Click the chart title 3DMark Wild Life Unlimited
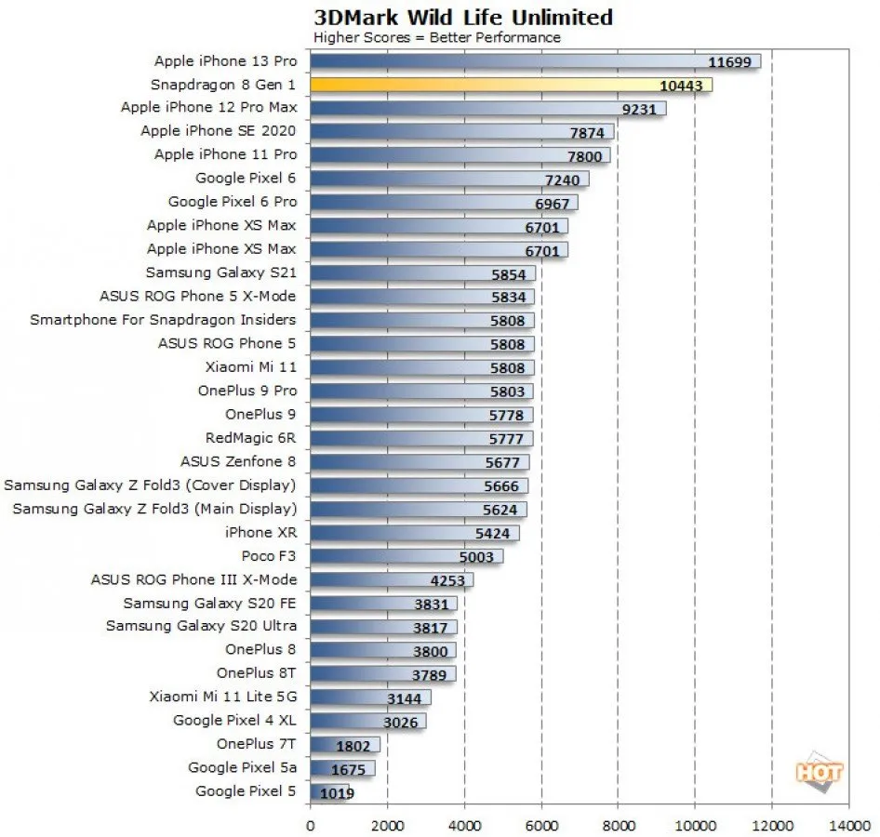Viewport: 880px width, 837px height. click(463, 17)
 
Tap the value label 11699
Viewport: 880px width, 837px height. click(728, 61)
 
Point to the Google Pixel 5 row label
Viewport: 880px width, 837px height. click(246, 791)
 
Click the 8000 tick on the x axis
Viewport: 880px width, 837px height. click(618, 823)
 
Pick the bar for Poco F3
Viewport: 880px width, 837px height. click(406, 556)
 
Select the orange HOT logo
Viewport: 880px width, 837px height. click(819, 771)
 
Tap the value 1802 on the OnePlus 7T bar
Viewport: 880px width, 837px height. click(354, 745)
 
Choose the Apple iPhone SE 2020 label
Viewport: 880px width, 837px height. click(219, 131)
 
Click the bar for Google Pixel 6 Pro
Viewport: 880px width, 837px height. click(443, 202)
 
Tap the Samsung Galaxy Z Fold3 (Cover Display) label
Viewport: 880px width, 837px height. click(150, 485)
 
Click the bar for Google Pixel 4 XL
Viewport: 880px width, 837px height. click(367, 721)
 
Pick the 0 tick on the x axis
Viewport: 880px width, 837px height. click(310, 823)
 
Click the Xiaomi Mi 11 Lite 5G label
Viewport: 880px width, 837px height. click(222, 697)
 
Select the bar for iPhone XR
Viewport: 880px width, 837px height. click(414, 533)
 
